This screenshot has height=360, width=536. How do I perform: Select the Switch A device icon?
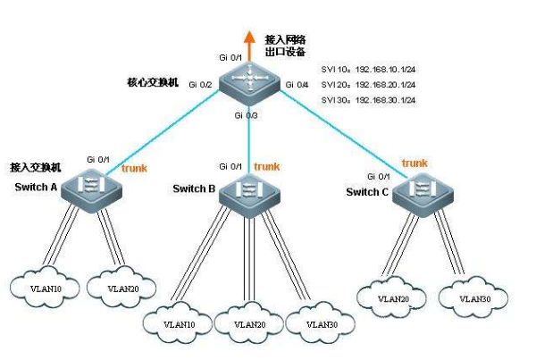[x=94, y=188]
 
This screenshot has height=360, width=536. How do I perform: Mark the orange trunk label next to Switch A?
[x=134, y=168]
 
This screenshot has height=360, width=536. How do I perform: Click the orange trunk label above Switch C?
[x=415, y=163]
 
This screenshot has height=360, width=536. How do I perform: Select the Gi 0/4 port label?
[x=296, y=85]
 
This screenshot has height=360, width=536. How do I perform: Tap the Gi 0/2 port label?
[x=200, y=85]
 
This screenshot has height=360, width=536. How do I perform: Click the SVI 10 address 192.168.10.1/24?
[x=385, y=68]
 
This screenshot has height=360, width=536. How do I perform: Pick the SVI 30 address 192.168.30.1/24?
[x=385, y=100]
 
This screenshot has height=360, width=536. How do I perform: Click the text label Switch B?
[x=194, y=189]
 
